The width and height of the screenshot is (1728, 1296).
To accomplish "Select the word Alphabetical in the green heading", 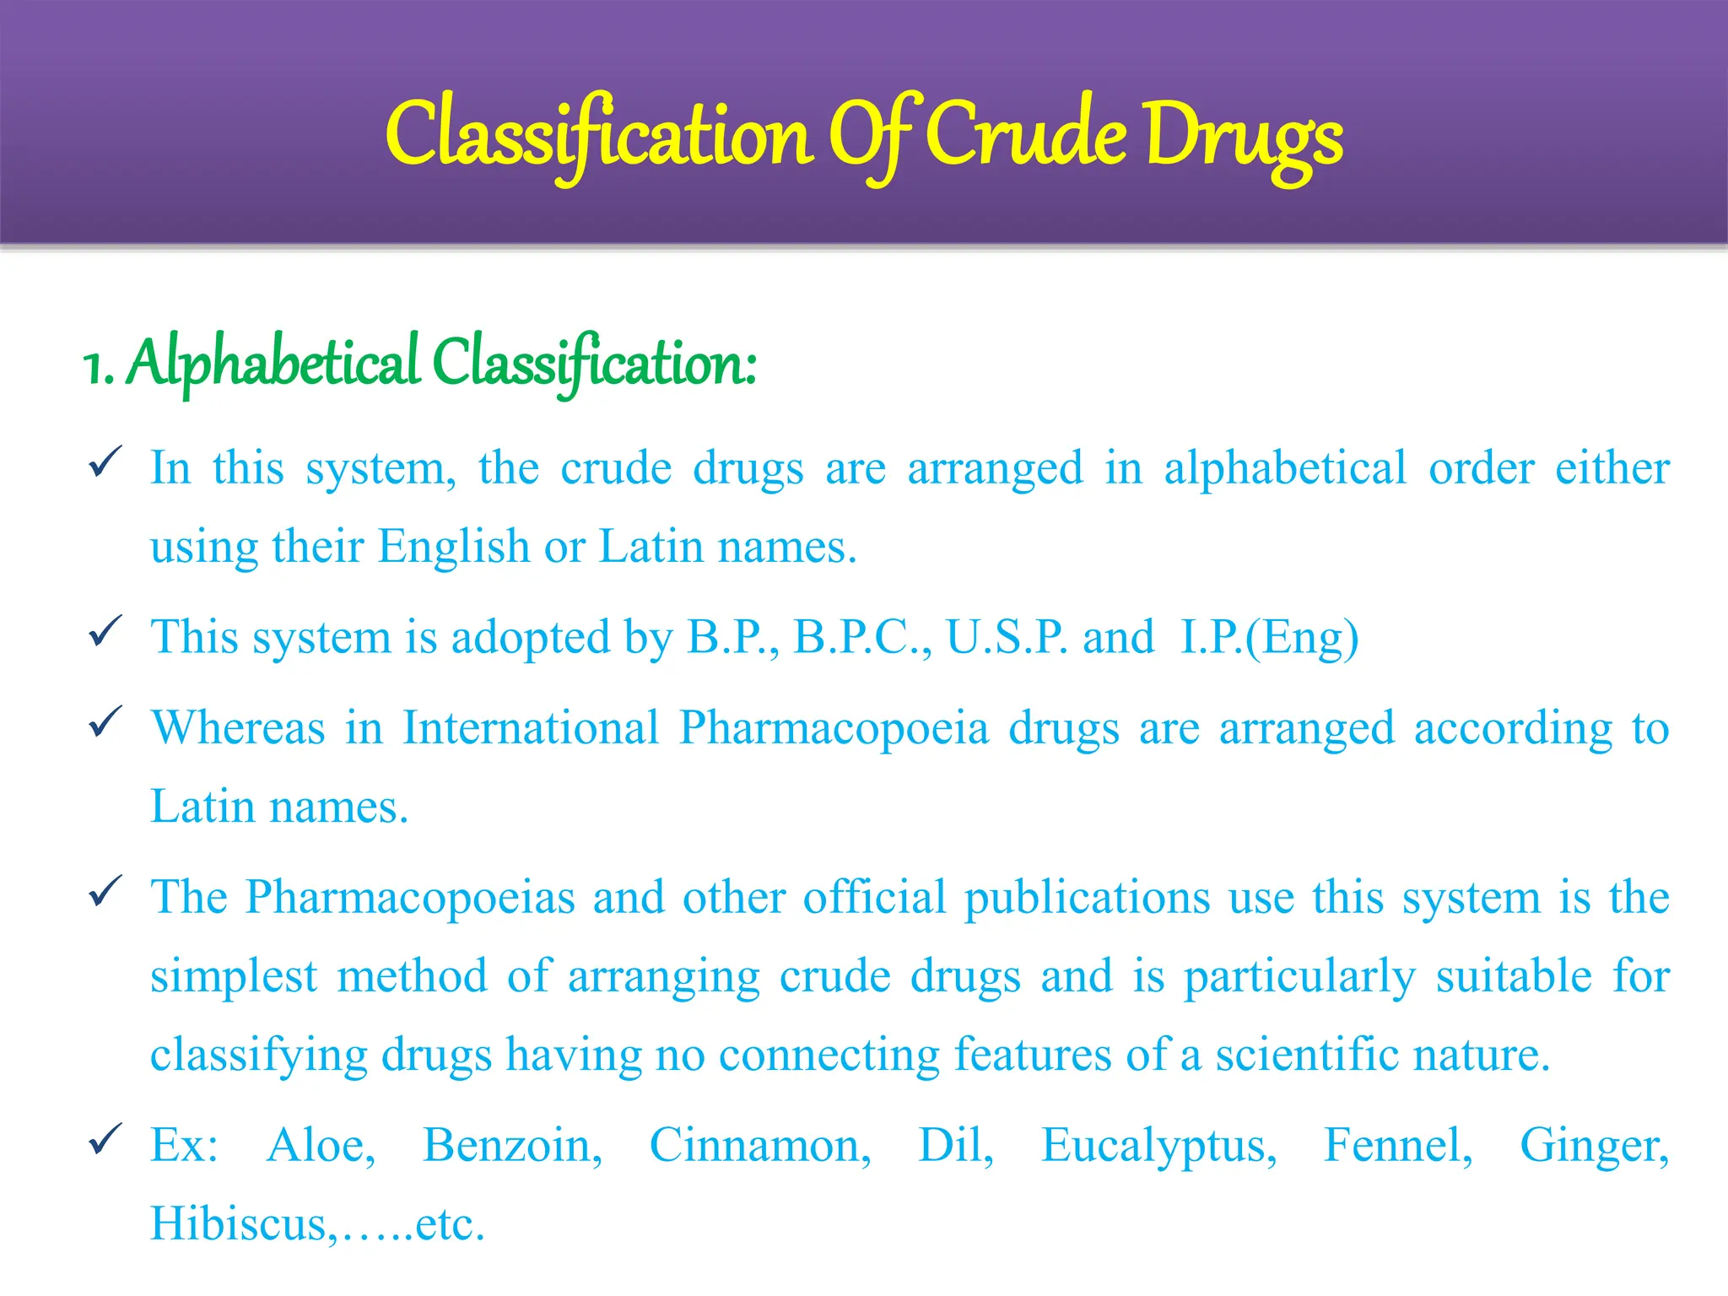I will (x=274, y=363).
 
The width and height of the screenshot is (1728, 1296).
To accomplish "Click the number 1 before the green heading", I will (x=94, y=368).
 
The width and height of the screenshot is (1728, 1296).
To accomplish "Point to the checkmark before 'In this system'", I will (x=105, y=462).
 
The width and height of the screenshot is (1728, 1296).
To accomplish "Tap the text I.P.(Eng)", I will (x=1269, y=639).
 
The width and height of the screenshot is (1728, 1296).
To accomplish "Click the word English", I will (x=453, y=547).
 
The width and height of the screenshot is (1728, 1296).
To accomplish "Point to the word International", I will (x=530, y=727).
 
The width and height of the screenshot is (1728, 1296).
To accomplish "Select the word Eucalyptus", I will (x=1158, y=1147).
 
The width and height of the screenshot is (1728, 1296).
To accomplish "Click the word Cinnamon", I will (x=759, y=1146).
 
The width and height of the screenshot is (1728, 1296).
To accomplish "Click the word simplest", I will (x=234, y=977).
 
